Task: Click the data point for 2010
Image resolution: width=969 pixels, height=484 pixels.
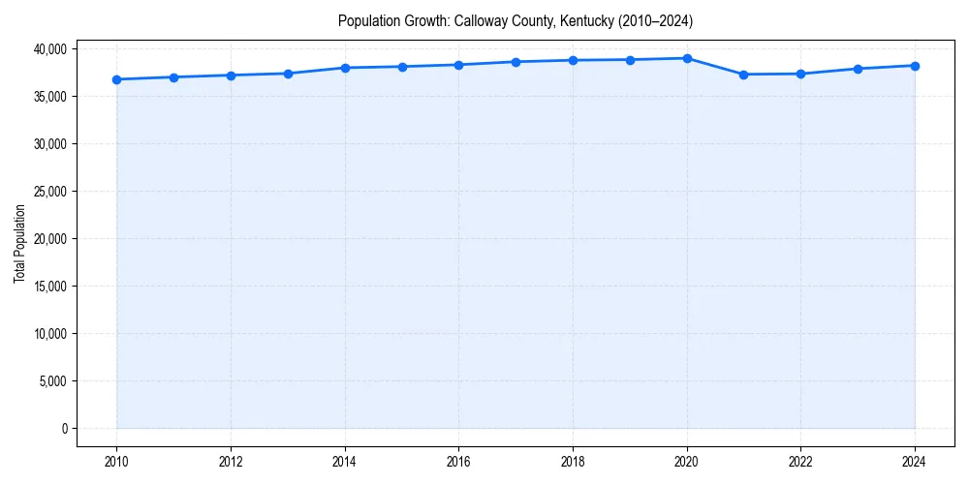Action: click(x=116, y=79)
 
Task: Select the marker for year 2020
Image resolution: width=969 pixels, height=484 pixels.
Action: click(x=687, y=58)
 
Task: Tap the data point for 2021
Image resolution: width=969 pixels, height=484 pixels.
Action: click(x=744, y=75)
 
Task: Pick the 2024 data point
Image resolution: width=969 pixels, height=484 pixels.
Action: click(x=915, y=66)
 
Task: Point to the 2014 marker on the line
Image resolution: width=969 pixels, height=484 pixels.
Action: click(x=345, y=68)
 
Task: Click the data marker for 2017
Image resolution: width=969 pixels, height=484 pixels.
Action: click(x=516, y=62)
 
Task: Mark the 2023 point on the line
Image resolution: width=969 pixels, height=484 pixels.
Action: click(x=858, y=69)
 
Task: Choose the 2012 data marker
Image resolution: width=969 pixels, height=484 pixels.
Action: click(x=231, y=76)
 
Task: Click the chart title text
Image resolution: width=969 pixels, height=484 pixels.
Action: click(x=515, y=20)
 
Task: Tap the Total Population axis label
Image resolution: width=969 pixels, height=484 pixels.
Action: click(x=19, y=243)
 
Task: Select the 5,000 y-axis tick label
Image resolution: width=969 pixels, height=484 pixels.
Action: click(x=53, y=381)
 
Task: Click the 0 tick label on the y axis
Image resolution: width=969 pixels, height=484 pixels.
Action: click(x=65, y=429)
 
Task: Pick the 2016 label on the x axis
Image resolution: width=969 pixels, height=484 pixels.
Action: click(x=458, y=461)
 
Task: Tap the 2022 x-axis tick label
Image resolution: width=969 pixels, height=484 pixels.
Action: click(x=800, y=461)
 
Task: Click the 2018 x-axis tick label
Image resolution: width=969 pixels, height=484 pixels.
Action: click(x=573, y=461)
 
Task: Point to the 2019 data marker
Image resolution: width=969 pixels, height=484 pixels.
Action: click(x=630, y=60)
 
